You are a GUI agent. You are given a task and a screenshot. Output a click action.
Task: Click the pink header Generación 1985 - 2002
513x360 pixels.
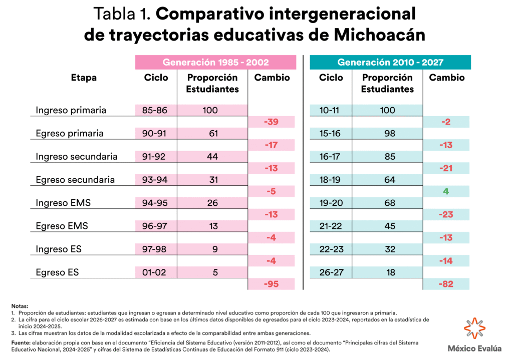215,63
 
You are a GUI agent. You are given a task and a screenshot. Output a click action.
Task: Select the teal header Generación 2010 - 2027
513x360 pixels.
390,63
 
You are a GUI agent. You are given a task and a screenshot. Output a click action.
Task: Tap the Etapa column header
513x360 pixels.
84,78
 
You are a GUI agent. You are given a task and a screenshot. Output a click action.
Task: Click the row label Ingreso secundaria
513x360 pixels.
77,157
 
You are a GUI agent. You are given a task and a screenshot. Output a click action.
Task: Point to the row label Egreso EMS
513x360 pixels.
62,226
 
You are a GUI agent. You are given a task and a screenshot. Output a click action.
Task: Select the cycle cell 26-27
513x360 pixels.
331,273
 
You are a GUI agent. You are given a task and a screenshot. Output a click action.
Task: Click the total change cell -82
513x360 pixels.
446,284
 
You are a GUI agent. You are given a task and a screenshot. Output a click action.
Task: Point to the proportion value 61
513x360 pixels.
212,134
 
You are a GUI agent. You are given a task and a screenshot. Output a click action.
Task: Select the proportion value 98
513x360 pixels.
388,134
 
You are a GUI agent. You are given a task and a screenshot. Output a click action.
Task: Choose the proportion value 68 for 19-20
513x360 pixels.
388,203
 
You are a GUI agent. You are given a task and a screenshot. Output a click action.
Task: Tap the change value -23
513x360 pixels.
446,214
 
